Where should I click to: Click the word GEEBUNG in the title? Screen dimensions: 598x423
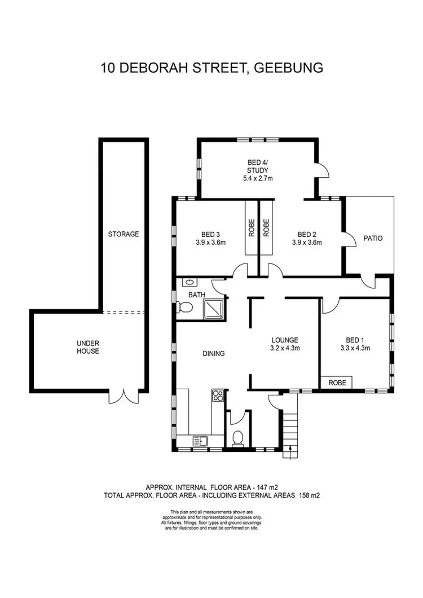click(288, 68)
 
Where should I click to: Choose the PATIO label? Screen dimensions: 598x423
click(373, 238)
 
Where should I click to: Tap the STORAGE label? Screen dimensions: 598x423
click(124, 234)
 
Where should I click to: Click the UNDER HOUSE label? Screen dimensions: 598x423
click(87, 347)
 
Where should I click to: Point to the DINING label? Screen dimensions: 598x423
click(214, 354)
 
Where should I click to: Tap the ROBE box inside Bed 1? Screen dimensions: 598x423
click(337, 382)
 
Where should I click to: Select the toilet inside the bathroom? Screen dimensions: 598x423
click(185, 307)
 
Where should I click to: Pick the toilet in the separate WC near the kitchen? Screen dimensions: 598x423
click(237, 437)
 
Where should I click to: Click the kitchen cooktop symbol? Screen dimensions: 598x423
click(218, 395)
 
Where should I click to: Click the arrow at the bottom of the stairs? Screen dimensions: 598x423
click(291, 448)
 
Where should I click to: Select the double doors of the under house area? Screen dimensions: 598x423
click(122, 397)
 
